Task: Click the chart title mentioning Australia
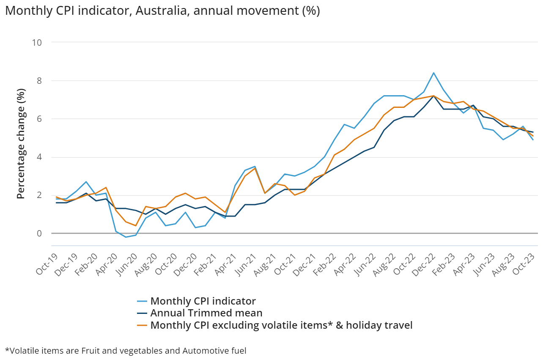pyautogui.click(x=162, y=11)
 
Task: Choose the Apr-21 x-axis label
pyautogui.click(x=225, y=265)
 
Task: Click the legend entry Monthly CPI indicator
pyautogui.click(x=203, y=301)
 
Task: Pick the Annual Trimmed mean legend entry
pyautogui.click(x=206, y=313)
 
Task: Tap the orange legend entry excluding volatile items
pyautogui.click(x=281, y=325)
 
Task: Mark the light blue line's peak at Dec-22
pyautogui.click(x=433, y=73)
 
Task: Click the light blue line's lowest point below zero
pyautogui.click(x=126, y=237)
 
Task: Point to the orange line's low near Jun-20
pyautogui.click(x=135, y=225)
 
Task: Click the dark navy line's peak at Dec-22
pyautogui.click(x=433, y=96)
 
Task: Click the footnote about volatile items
pyautogui.click(x=126, y=350)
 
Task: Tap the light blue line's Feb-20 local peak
pyautogui.click(x=86, y=182)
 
